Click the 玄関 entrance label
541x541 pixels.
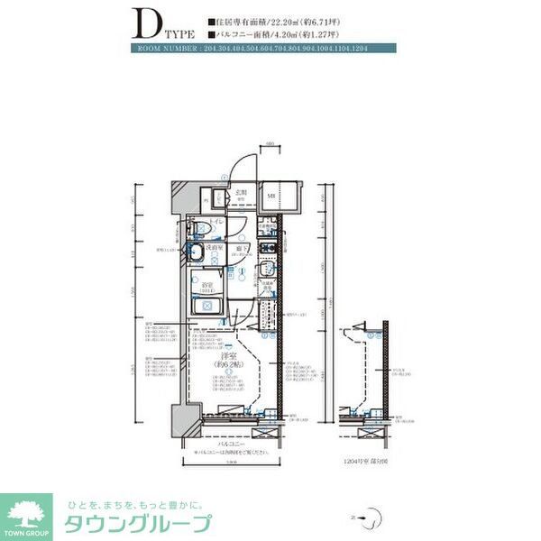[243, 192]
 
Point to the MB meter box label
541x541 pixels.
[271, 195]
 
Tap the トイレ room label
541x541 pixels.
[217, 222]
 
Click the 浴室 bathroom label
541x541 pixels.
[207, 288]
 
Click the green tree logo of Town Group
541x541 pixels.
[28, 511]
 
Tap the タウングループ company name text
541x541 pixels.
[135, 523]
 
